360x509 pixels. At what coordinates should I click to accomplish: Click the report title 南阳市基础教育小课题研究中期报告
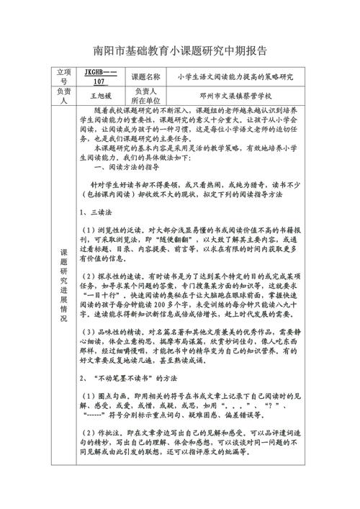(x=180, y=52)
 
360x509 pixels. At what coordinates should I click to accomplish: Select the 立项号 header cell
(x=64, y=76)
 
